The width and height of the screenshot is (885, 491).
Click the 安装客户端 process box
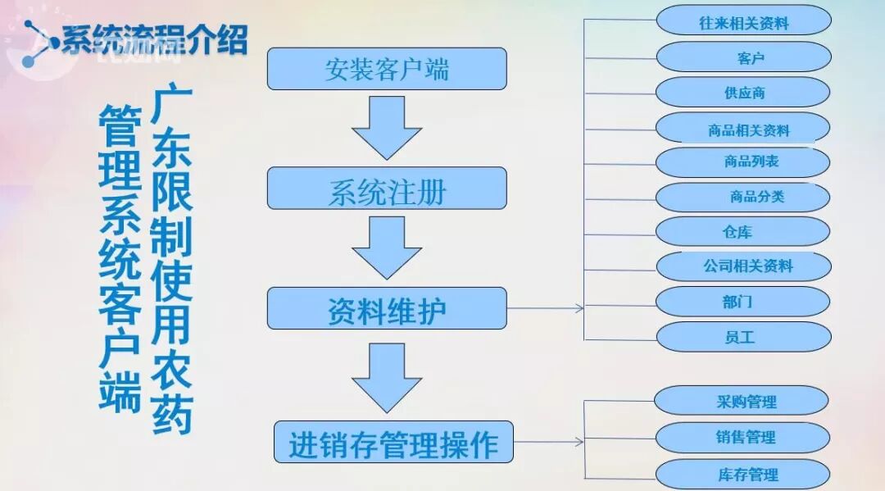(x=387, y=69)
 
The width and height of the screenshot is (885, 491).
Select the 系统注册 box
(x=387, y=189)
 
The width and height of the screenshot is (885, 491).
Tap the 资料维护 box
(x=387, y=309)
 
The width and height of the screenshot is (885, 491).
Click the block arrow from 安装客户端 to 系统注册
(x=387, y=127)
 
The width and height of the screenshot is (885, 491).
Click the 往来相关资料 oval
(x=743, y=21)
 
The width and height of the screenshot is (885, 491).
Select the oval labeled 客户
(x=743, y=57)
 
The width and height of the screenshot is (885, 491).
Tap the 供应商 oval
(x=743, y=93)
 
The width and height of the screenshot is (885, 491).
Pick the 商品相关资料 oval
(x=743, y=129)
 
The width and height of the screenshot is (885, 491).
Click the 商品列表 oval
(x=743, y=162)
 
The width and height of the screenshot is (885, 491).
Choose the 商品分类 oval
(x=743, y=198)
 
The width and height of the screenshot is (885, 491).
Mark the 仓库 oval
(x=743, y=232)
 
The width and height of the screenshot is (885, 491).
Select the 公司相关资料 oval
(x=743, y=266)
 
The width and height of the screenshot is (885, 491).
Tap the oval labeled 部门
(x=743, y=302)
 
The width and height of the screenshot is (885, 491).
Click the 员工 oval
(x=743, y=337)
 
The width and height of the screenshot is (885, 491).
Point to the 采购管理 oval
(x=742, y=401)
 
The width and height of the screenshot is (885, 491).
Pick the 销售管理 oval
(x=742, y=437)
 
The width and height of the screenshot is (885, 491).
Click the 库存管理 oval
(x=742, y=474)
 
